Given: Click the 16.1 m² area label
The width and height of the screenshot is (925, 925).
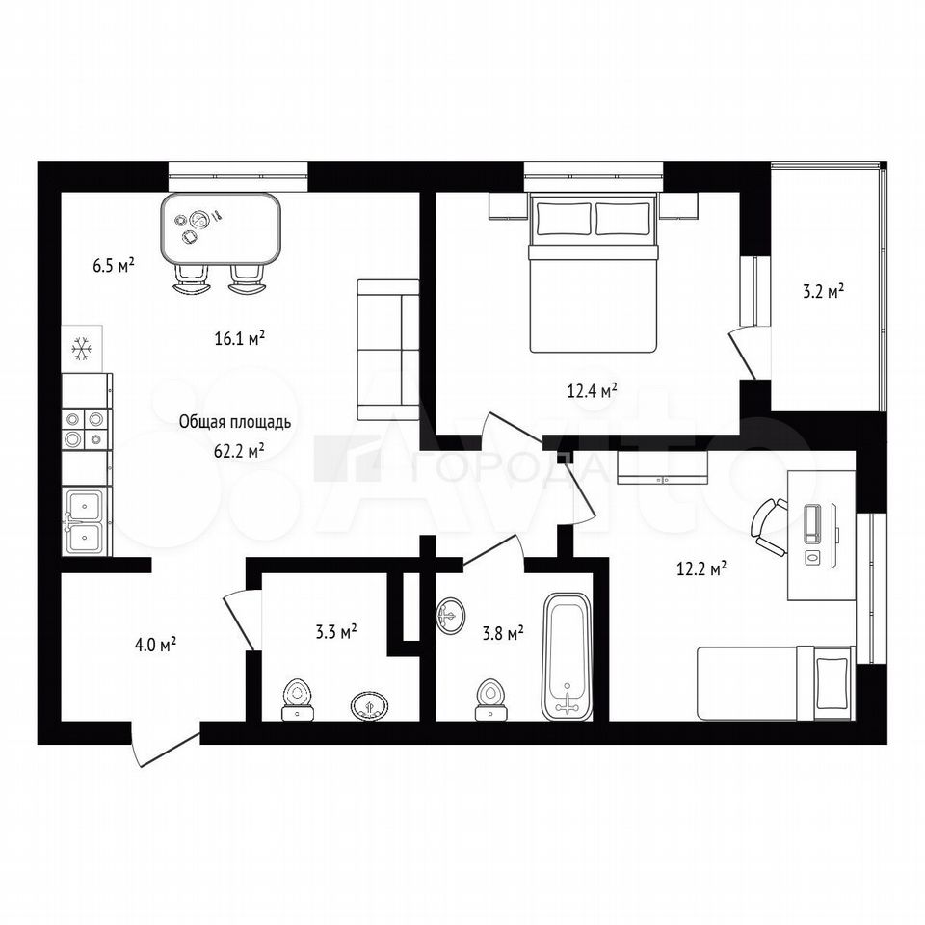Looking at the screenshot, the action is click(x=239, y=338).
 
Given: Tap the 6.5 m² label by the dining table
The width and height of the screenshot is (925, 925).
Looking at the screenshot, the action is click(x=114, y=265).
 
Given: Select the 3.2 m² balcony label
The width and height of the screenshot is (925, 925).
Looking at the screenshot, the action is click(x=823, y=291).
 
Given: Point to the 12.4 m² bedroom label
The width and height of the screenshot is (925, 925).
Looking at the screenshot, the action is click(x=593, y=390).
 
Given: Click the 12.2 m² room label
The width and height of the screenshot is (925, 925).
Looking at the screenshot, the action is click(x=700, y=569).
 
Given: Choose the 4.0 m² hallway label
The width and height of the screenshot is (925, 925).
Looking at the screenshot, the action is click(x=156, y=645).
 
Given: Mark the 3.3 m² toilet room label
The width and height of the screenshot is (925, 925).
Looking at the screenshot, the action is click(x=335, y=632).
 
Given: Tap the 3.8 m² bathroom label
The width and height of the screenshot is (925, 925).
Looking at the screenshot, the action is click(x=503, y=634).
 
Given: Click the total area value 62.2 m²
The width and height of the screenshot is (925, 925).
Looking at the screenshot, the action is click(x=239, y=452).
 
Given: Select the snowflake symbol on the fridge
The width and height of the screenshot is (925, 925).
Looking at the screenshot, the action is click(x=81, y=349).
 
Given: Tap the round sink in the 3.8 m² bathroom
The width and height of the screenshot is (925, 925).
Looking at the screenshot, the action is click(x=450, y=616).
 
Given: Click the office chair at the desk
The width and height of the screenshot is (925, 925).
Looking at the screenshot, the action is click(x=768, y=527).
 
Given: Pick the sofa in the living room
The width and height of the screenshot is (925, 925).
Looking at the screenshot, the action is click(x=387, y=350).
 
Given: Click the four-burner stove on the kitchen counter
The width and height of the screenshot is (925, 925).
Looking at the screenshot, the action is click(x=85, y=429).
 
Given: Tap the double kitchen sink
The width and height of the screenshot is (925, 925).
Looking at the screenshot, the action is click(x=86, y=521).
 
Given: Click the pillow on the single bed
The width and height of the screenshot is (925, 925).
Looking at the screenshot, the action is click(x=832, y=684).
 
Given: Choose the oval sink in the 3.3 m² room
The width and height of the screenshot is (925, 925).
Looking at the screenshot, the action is click(x=370, y=705).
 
